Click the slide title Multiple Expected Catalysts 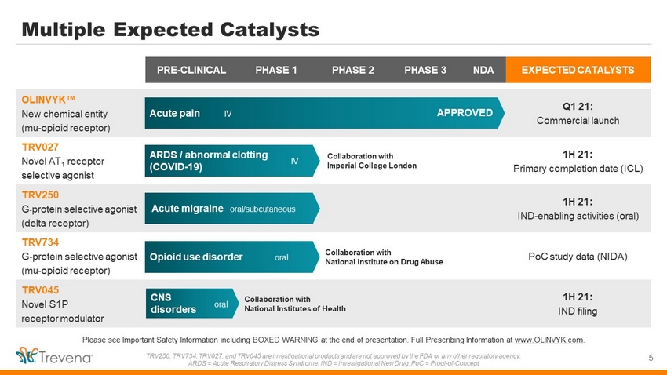tap(170, 30)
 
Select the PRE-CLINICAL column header tap(191, 70)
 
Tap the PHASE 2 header tap(352, 70)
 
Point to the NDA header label tap(483, 70)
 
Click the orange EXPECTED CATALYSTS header tap(578, 70)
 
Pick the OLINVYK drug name tap(48, 100)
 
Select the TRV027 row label tap(40, 147)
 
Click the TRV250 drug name tap(40, 195)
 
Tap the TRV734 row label tap(40, 242)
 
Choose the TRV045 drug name tap(40, 290)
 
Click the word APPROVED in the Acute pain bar tap(465, 113)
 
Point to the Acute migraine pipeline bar tap(231, 209)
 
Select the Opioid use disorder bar tap(231, 257)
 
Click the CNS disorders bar tap(191, 304)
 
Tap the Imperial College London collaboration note tap(371, 161)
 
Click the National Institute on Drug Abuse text tap(384, 262)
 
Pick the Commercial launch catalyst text tap(578, 121)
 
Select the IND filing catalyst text tap(578, 311)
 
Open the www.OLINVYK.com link tap(549, 340)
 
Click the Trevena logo tap(54, 356)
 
